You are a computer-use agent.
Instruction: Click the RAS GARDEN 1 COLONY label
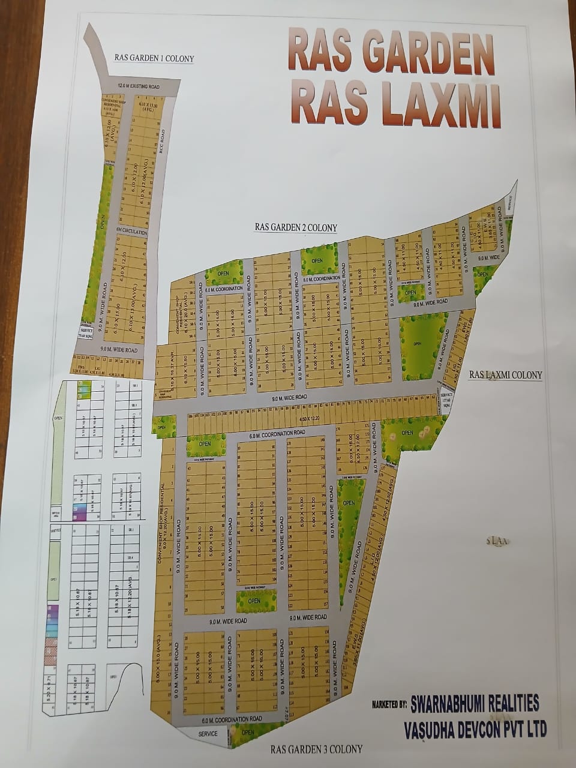[x=154, y=58]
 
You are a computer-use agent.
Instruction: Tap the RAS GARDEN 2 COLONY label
[x=296, y=227]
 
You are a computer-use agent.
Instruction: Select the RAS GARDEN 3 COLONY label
[x=316, y=749]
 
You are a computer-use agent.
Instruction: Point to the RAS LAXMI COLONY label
[x=505, y=375]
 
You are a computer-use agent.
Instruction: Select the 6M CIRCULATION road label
[x=131, y=230]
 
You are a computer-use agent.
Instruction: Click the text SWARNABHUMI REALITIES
[x=474, y=703]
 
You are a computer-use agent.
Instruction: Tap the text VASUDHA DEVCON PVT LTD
[x=475, y=729]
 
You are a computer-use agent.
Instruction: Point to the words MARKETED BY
[x=389, y=704]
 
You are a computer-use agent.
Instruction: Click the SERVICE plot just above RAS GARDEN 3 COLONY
[x=208, y=734]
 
